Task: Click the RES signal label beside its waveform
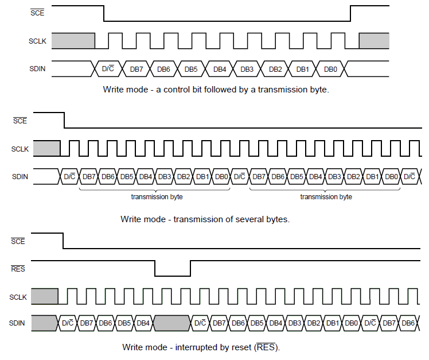[18, 268]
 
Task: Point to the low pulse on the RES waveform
[172, 275]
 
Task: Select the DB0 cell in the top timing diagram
[330, 69]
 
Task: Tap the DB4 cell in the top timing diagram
[220, 69]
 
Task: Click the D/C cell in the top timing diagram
[107, 69]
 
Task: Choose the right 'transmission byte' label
[326, 197]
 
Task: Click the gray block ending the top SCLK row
[374, 40]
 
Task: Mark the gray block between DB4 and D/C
[171, 323]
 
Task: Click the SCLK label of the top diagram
[37, 41]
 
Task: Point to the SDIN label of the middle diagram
[20, 176]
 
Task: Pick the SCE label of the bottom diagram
[18, 242]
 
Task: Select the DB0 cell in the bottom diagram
[351, 323]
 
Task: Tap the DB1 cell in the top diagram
[303, 69]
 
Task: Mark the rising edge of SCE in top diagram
[350, 14]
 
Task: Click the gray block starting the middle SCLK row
[46, 148]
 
